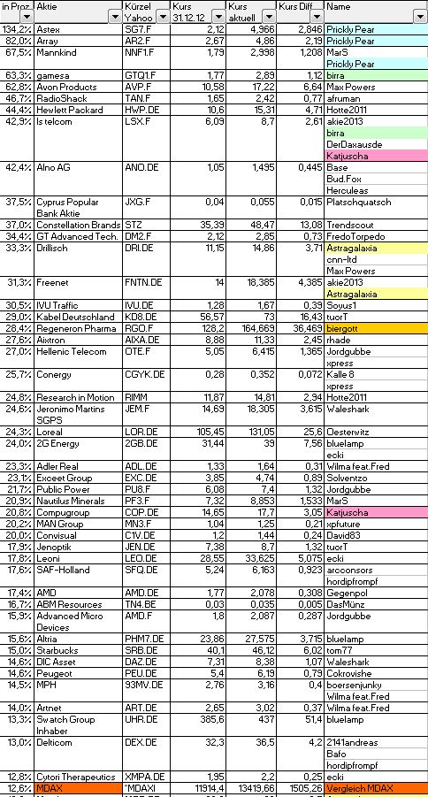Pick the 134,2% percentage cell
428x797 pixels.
(16, 29)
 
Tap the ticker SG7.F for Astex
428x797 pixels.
(138, 29)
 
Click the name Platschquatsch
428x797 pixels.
(357, 202)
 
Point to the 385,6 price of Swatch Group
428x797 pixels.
(211, 719)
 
